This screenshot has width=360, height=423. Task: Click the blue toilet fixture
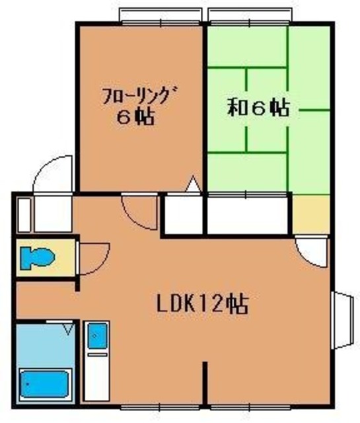point(35,258)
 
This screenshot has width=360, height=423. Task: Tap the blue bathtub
point(44,383)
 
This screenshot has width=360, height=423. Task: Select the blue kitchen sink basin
point(96,335)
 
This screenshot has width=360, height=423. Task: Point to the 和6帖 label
point(258,108)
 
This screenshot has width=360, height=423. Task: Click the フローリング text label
point(137,97)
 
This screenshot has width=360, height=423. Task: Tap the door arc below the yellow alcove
point(310,250)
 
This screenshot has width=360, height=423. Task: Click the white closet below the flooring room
point(184,214)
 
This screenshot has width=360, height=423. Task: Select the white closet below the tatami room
point(248,214)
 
